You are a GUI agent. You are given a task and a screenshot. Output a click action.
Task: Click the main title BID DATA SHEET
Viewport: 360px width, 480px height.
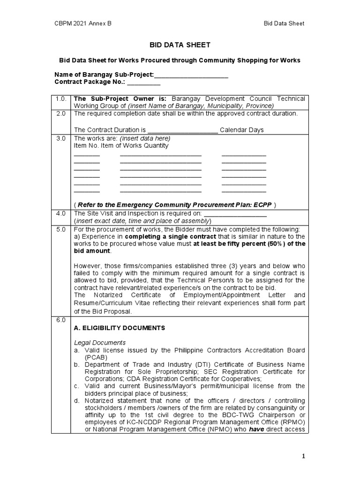coord(179,45)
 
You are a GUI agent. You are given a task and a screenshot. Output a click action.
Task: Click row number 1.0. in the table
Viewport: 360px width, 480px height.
coord(61,99)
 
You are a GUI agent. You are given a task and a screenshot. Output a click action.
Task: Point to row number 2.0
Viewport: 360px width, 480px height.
coord(61,114)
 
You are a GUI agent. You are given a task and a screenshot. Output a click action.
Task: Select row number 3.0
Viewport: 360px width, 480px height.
coord(61,139)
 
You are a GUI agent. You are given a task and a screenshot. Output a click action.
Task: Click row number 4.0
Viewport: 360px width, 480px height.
coord(61,213)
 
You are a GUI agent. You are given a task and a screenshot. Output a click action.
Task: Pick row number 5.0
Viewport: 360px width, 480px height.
coord(61,229)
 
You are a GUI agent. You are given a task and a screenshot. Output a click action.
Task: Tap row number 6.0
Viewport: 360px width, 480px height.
coord(61,320)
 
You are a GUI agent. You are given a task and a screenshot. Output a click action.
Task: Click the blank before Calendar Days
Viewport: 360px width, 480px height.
coord(182,130)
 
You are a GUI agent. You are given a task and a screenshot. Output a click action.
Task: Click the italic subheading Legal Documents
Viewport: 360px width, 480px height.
coord(99,343)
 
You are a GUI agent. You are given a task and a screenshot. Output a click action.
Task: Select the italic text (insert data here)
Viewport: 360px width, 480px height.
coord(145,139)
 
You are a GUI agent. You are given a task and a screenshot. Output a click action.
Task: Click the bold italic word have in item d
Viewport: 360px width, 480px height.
coord(255,430)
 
